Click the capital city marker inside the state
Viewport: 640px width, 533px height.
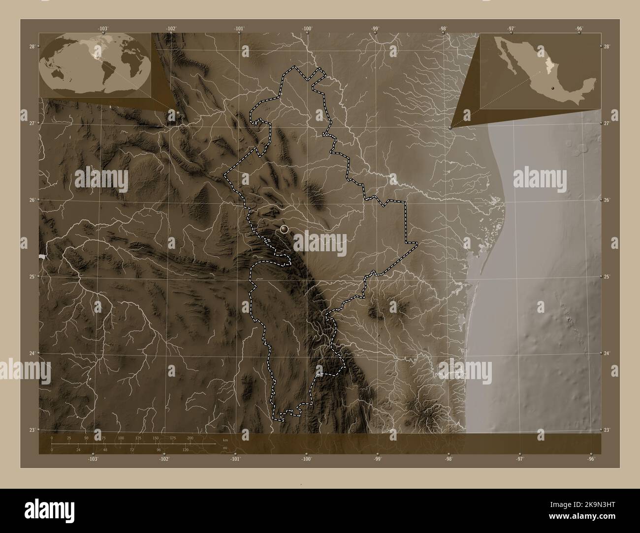(284, 229)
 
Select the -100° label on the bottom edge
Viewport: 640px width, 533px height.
(307, 459)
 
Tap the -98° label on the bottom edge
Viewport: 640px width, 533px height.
(448, 459)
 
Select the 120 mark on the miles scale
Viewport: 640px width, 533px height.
(186, 449)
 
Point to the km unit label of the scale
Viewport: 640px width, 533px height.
(225, 439)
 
